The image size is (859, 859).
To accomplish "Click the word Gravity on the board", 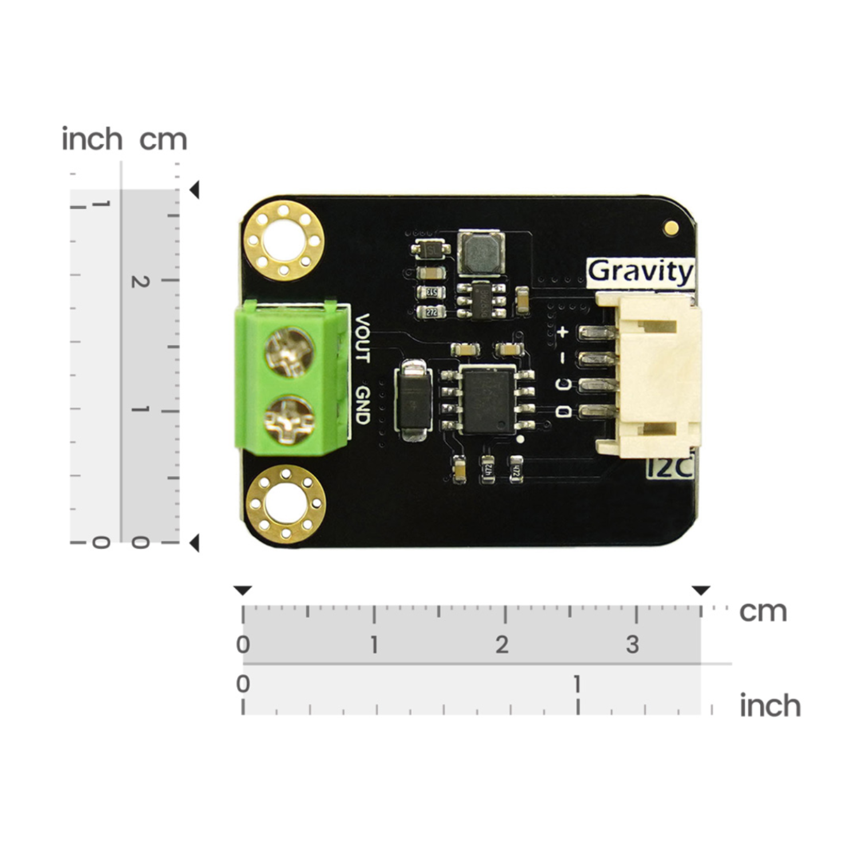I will [640, 271].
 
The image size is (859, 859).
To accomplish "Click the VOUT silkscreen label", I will [362, 338].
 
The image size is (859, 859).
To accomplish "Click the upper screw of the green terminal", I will [289, 352].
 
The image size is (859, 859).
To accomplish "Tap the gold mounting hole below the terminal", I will [285, 503].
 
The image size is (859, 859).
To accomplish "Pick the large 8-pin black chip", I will [488, 400].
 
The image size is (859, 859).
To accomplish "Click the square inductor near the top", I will [480, 253].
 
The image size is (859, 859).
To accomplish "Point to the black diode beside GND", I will [413, 399].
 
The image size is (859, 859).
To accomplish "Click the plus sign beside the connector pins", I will [563, 332].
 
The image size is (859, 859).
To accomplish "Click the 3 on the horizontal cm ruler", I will [632, 645].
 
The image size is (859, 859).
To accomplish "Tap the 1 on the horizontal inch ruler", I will [577, 684].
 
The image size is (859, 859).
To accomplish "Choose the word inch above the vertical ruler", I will [92, 139].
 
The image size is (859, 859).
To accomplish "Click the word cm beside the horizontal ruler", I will [763, 612].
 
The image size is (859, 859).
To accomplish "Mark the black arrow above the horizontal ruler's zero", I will [243, 590].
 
